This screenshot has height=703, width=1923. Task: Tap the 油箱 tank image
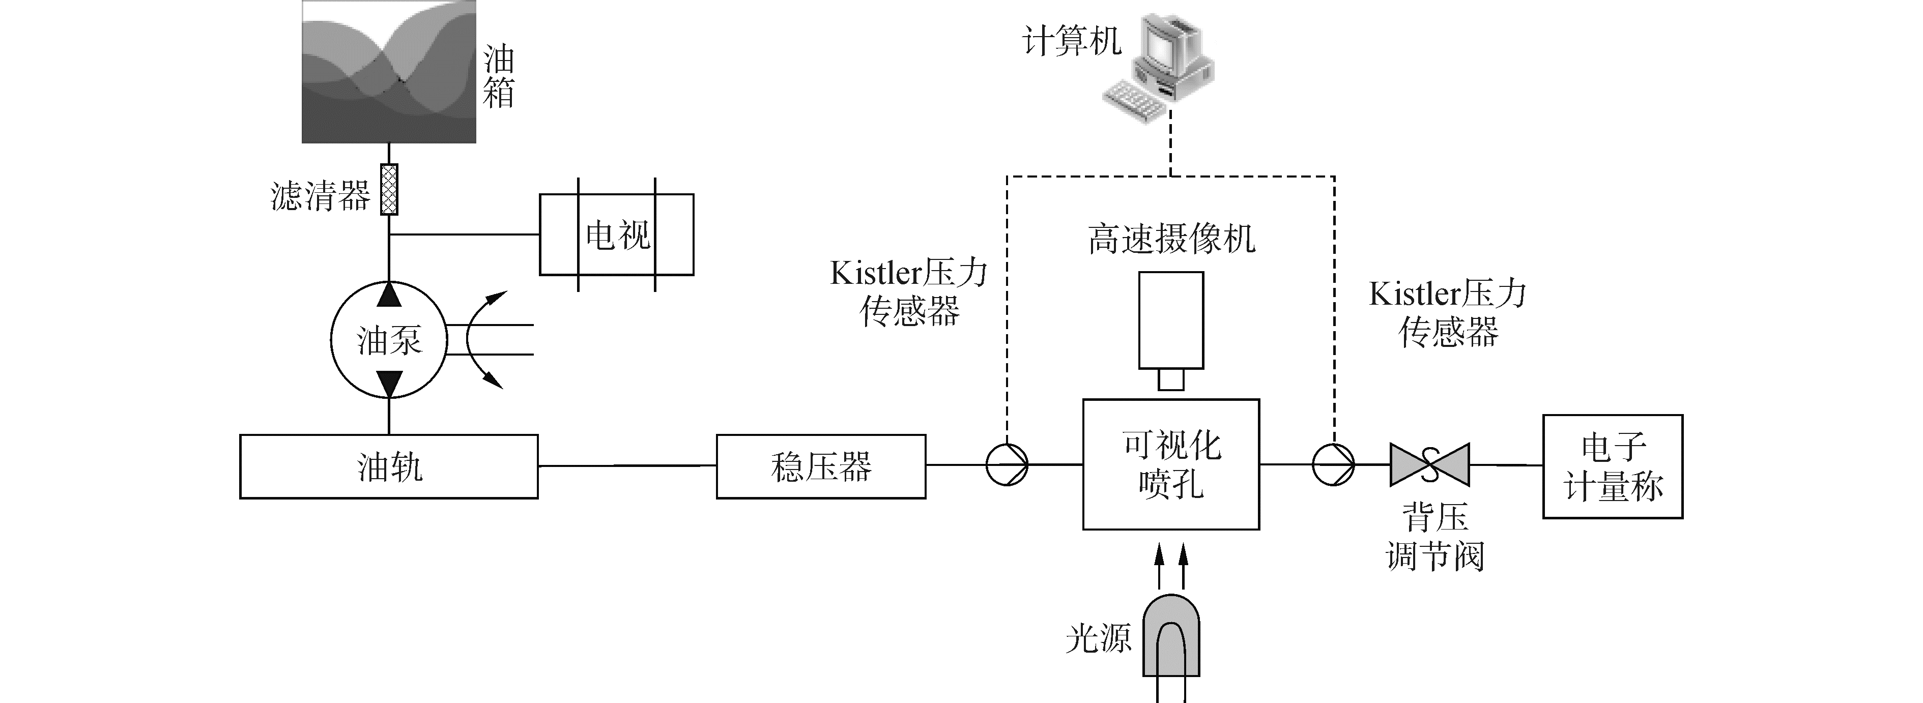coord(389,72)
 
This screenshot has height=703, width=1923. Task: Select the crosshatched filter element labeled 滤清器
coord(389,190)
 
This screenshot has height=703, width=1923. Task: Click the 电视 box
coord(617,235)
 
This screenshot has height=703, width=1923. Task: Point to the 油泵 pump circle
coord(331,340)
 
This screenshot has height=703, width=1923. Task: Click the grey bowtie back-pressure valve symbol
coord(1429,464)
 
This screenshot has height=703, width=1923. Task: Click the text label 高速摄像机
coord(1171,239)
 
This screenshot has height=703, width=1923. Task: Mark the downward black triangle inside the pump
coord(389,385)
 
